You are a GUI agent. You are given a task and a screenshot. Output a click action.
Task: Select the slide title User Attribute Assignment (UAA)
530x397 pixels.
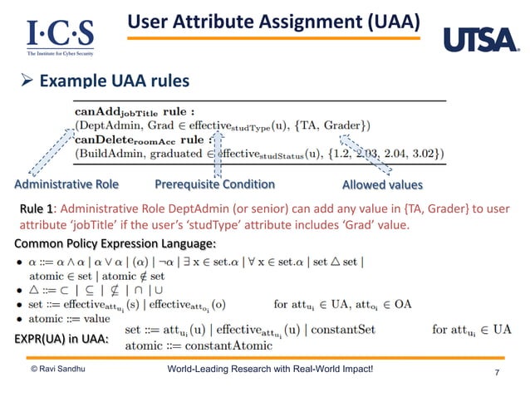273,21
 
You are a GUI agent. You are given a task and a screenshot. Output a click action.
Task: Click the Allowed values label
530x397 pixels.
382,184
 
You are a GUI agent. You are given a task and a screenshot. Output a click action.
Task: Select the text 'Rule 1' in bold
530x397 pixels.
37,208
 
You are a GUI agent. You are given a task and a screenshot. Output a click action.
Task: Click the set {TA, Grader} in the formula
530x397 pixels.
341,125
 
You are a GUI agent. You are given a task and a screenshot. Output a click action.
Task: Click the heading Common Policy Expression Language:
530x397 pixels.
115,243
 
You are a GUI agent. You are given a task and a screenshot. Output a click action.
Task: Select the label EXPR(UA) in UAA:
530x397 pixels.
61,339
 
